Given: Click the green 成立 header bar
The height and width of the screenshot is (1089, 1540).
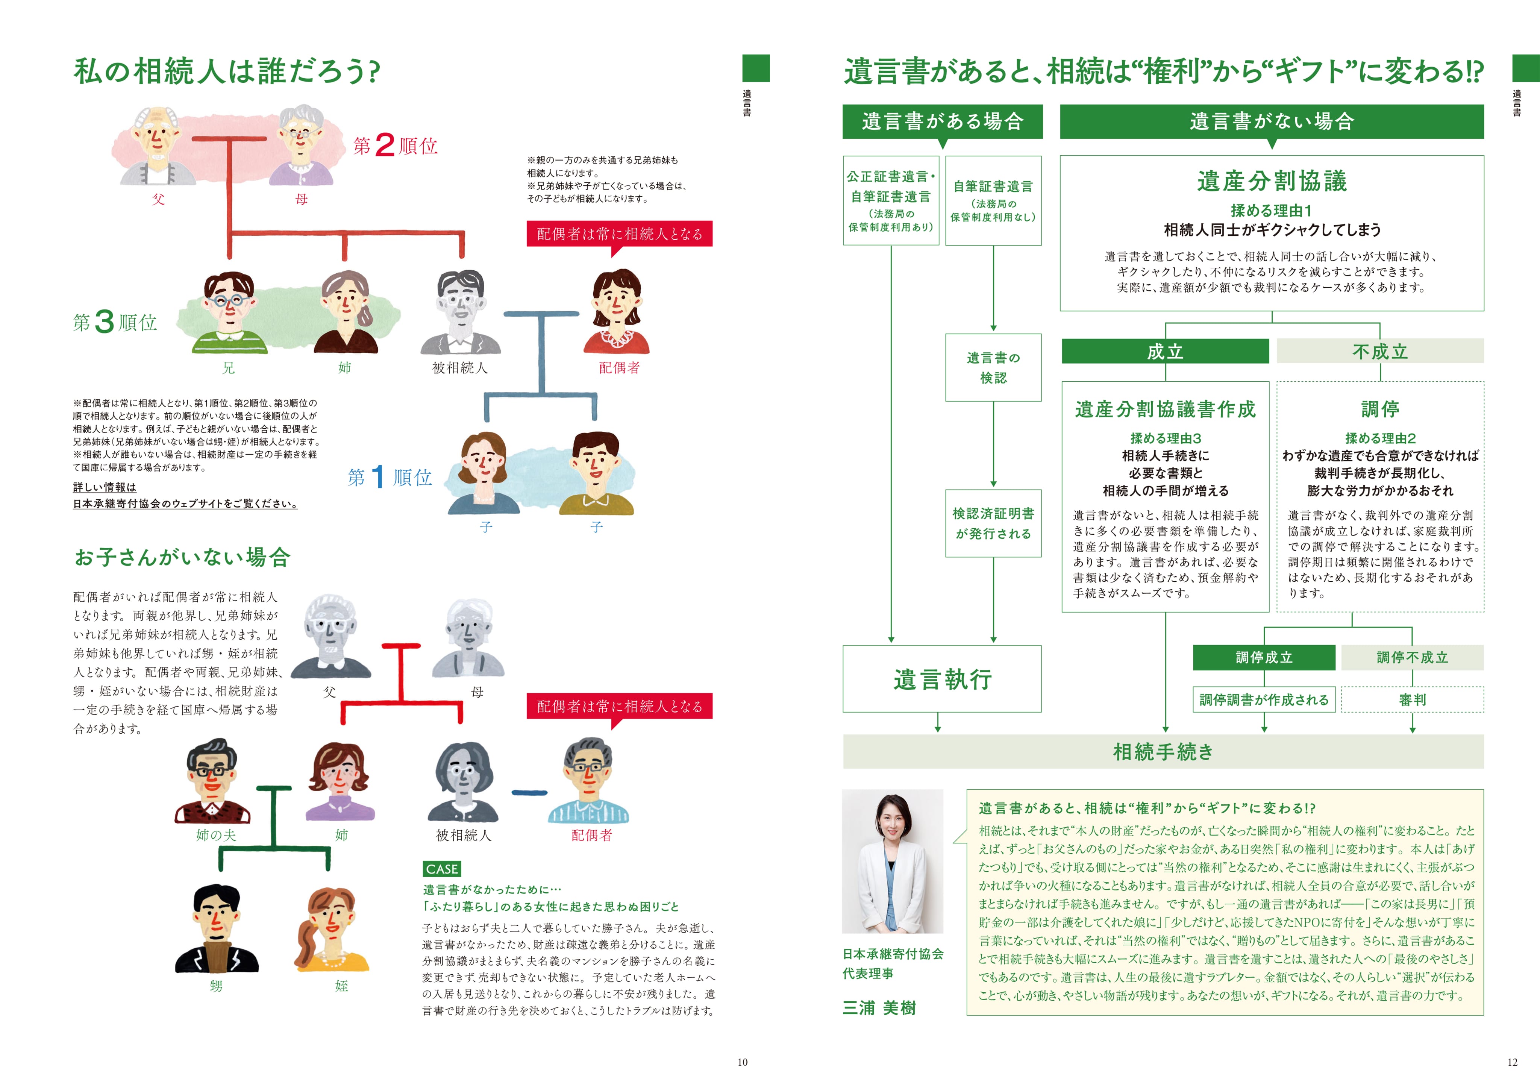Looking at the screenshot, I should click(1165, 351).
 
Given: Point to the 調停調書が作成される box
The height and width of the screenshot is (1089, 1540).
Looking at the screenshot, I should click(1264, 699).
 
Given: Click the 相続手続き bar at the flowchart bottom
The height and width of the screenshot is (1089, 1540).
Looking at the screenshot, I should click(1163, 751).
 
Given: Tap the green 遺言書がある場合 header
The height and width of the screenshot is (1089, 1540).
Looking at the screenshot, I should click(942, 121).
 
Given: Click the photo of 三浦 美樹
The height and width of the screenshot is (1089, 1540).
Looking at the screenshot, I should click(892, 861).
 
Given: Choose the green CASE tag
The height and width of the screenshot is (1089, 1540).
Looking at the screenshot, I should click(441, 869).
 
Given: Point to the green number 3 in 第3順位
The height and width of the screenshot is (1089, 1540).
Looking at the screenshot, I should click(104, 322).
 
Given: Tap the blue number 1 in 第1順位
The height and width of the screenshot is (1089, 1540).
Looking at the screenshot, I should click(377, 477).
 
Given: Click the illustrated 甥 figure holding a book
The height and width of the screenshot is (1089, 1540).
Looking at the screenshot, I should click(216, 929).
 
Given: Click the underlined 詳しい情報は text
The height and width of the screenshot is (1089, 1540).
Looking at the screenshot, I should click(105, 487).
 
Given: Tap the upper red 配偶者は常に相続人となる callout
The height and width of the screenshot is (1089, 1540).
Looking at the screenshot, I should click(619, 234).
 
